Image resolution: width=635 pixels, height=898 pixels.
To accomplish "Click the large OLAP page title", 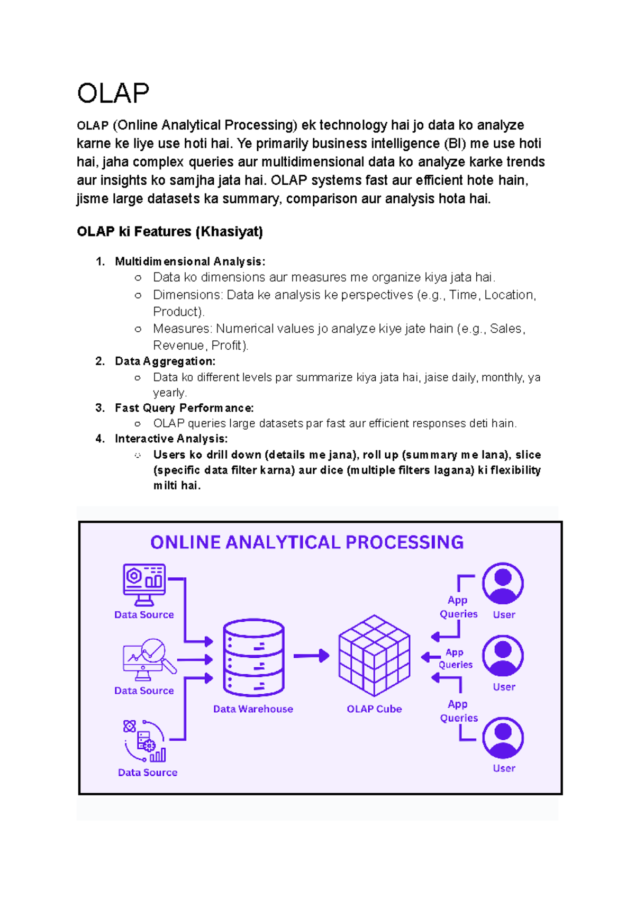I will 113,94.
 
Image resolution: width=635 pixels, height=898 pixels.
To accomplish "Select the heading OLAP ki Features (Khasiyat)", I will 170,232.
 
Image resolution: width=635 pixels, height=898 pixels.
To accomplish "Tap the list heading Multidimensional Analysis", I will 190,261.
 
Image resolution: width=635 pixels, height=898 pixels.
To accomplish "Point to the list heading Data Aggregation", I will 165,361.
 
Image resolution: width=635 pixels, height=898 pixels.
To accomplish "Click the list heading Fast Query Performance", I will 184,408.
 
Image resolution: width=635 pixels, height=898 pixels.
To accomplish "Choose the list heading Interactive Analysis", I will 171,439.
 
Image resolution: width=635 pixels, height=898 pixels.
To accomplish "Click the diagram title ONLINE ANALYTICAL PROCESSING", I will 307,542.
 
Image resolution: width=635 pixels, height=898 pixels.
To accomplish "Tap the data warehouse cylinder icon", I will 254,658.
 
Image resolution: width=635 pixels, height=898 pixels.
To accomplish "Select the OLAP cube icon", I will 374,656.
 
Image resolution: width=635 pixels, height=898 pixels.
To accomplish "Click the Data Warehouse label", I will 253,709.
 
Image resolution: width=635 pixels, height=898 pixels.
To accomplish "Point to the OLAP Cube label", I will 374,709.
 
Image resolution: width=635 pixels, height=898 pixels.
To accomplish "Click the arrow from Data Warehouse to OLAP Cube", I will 311,656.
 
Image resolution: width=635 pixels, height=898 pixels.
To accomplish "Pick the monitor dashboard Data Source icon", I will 144,584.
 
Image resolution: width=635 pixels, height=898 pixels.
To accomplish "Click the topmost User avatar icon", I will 503,583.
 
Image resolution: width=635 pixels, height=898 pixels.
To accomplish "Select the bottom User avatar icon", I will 503,738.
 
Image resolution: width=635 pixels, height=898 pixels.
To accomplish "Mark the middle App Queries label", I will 455,658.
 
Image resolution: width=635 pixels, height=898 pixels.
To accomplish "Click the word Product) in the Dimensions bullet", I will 179,312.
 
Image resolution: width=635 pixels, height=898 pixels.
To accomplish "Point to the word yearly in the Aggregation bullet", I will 170,393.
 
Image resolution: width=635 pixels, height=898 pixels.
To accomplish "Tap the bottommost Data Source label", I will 148,773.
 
